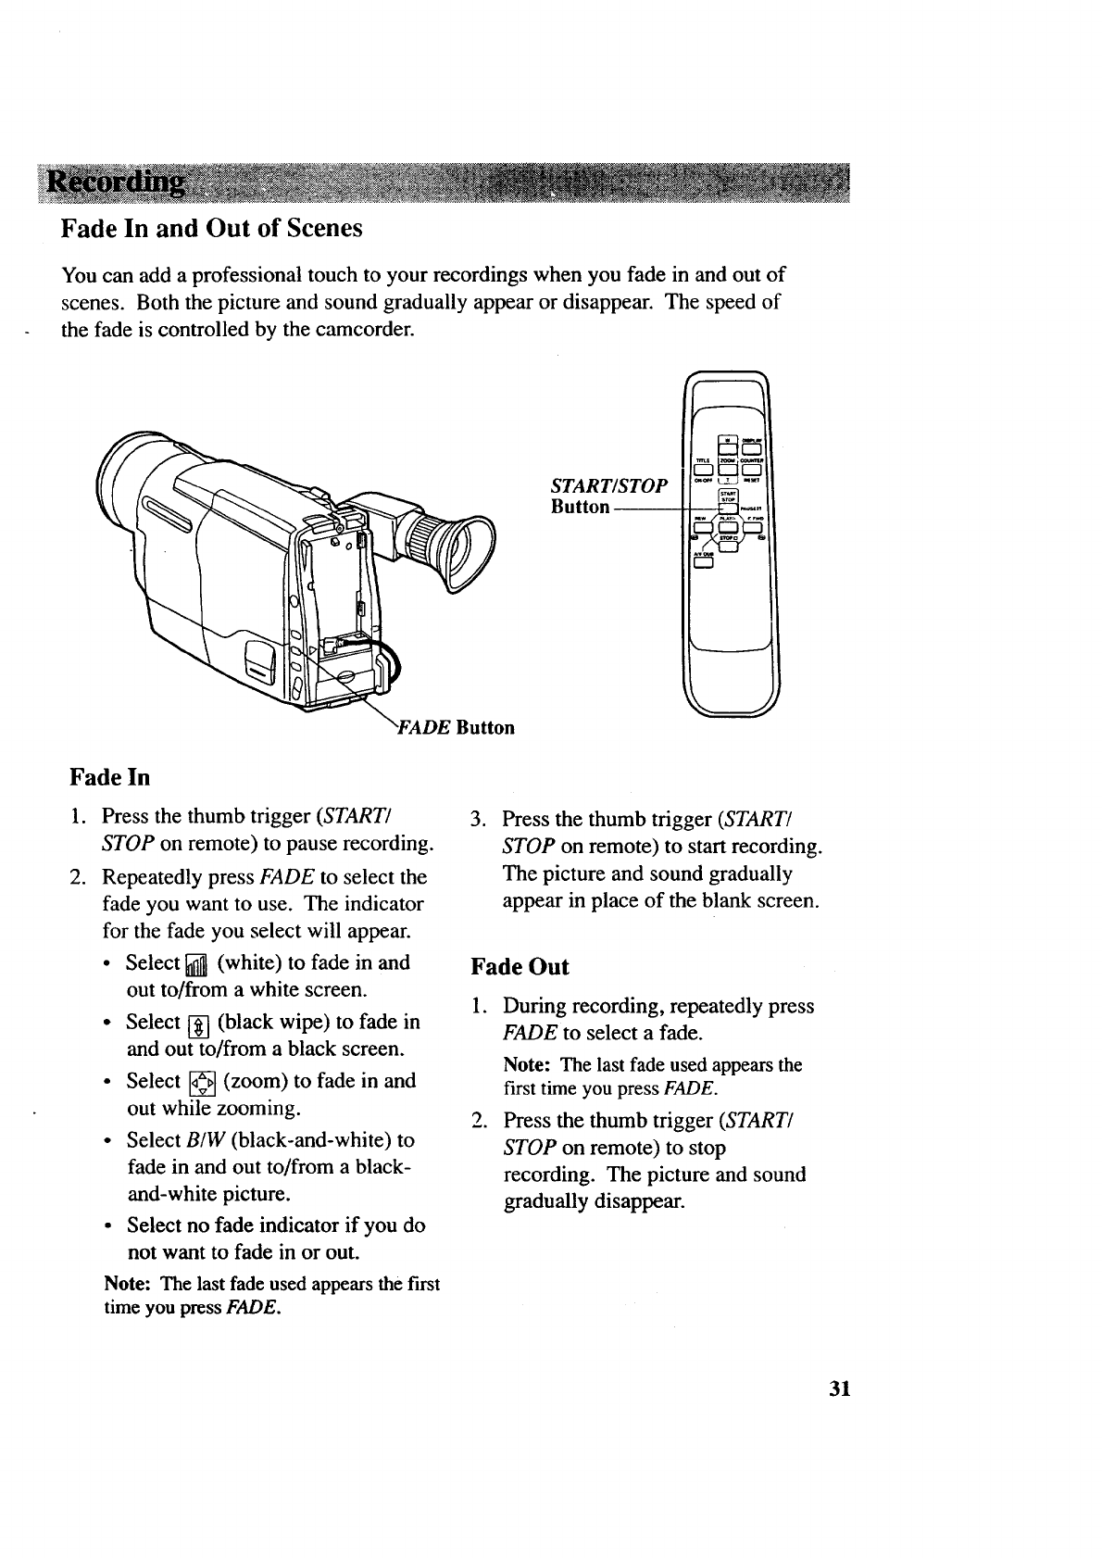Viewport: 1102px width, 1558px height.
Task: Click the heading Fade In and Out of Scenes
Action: point(211,228)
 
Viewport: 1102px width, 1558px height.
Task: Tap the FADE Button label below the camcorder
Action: point(455,727)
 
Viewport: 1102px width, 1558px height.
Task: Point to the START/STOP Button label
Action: point(607,496)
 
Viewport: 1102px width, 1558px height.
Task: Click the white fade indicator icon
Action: point(196,966)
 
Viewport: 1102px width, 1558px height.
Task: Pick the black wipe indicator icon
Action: point(199,1024)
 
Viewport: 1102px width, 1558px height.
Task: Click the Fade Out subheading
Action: point(520,967)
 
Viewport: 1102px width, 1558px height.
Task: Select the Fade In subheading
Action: point(110,775)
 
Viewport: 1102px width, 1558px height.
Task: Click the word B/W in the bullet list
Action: point(202,1139)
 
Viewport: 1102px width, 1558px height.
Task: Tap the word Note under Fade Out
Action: point(529,1065)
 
